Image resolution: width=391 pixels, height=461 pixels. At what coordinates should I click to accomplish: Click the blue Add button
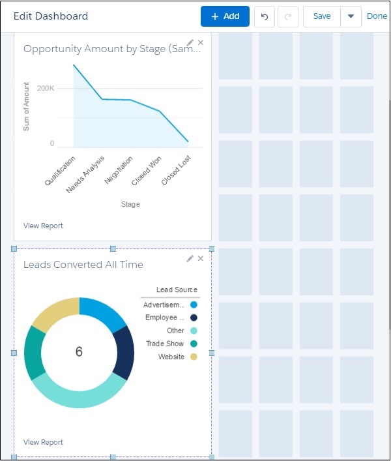click(225, 16)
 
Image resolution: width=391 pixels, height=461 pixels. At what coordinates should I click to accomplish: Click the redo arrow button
click(287, 16)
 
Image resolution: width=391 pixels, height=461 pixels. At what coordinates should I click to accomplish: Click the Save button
click(322, 16)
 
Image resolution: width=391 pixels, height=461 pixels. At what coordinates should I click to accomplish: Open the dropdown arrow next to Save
click(351, 16)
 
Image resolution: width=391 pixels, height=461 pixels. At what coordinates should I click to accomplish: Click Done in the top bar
click(377, 16)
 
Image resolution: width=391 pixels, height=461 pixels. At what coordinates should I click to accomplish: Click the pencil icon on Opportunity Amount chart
click(190, 42)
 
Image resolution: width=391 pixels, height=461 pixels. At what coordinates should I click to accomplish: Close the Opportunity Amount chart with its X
click(201, 42)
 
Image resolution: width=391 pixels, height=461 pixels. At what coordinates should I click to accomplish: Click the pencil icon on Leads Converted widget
click(190, 258)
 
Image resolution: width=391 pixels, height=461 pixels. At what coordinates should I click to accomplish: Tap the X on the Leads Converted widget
click(201, 258)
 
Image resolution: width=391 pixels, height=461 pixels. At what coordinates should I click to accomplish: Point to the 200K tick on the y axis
click(45, 88)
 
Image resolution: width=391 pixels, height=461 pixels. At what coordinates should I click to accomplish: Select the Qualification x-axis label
click(61, 171)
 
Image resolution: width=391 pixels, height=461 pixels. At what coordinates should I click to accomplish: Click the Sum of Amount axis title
click(27, 106)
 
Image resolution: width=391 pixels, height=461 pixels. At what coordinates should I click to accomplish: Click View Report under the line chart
click(43, 226)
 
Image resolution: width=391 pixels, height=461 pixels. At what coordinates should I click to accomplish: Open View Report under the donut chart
click(43, 442)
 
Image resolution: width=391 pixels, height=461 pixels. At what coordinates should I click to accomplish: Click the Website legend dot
click(194, 357)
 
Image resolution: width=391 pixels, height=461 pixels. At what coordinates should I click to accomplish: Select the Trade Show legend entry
click(165, 344)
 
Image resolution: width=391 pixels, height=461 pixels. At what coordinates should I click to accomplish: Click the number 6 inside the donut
click(79, 352)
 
